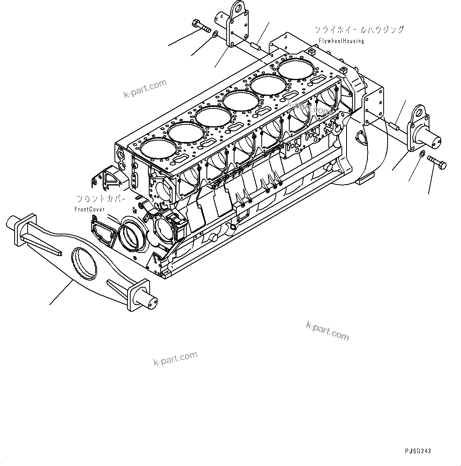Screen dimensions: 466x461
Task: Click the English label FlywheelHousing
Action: (341, 41)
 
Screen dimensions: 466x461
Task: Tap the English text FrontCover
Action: (90, 210)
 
